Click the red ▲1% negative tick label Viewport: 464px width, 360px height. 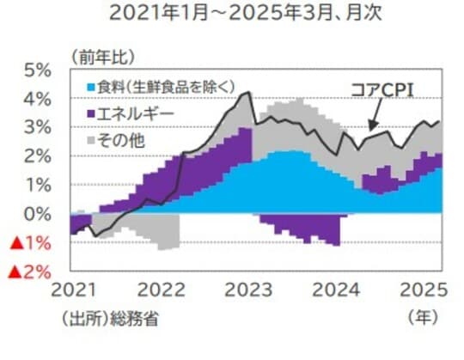27,243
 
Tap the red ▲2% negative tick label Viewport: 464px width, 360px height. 27,272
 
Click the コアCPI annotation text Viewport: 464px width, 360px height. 387,88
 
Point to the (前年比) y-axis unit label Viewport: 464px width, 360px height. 101,58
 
